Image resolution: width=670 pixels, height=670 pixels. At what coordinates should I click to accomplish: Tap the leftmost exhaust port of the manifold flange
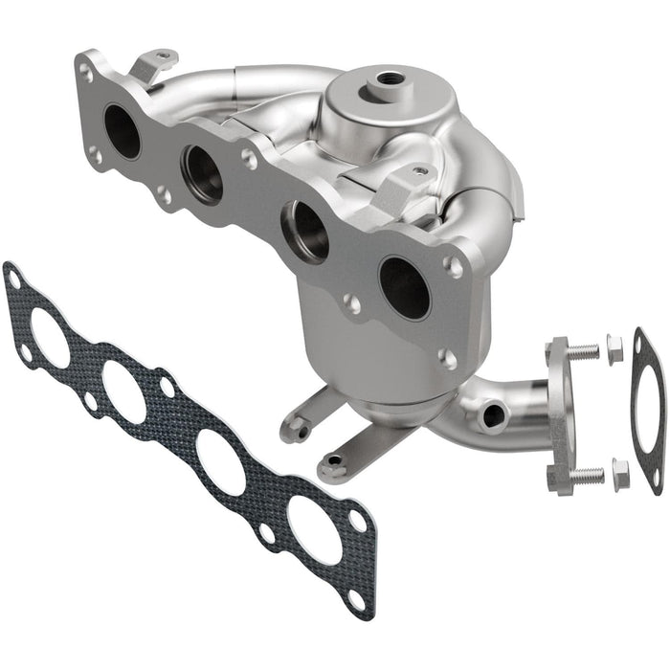pyautogui.click(x=123, y=132)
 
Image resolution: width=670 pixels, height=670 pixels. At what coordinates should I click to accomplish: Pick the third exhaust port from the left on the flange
pyautogui.click(x=305, y=230)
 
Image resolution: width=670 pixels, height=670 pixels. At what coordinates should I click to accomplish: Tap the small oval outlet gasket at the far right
pyautogui.click(x=648, y=412)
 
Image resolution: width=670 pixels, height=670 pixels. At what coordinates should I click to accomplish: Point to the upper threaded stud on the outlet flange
pyautogui.click(x=581, y=351)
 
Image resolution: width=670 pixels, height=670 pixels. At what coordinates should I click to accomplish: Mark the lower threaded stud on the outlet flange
pyautogui.click(x=585, y=475)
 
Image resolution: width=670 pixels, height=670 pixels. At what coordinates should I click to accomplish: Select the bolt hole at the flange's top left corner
pyautogui.click(x=86, y=71)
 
